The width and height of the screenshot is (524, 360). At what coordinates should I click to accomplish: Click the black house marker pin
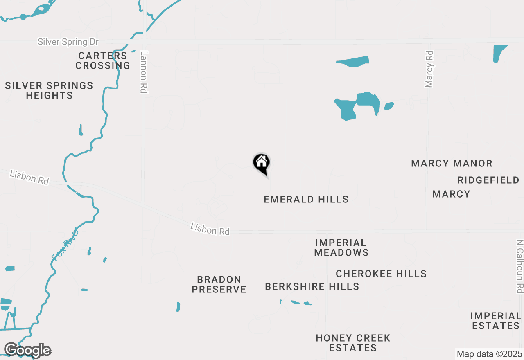tap(261, 163)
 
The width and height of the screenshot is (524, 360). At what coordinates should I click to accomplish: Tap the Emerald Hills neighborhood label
tap(306, 199)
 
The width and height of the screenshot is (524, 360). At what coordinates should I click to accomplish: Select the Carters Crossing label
tap(103, 61)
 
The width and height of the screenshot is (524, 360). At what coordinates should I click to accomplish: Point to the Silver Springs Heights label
tap(49, 90)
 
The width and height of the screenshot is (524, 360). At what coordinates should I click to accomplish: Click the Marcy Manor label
tap(452, 164)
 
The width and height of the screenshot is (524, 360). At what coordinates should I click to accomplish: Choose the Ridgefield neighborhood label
tap(488, 180)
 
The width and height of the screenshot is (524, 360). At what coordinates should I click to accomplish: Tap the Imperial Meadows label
tap(341, 248)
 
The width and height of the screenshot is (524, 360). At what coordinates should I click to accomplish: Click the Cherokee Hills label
tap(381, 274)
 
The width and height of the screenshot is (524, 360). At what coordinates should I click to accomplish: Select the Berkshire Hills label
tap(312, 286)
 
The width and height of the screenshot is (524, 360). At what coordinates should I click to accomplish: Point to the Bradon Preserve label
tap(219, 284)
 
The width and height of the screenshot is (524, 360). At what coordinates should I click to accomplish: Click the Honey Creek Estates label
tap(353, 343)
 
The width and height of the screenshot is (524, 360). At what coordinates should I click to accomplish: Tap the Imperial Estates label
tap(495, 321)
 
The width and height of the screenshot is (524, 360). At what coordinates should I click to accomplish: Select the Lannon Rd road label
tap(143, 72)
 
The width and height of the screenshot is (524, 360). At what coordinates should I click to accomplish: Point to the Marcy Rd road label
tap(429, 69)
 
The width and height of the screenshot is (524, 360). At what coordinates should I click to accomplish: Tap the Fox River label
tap(65, 245)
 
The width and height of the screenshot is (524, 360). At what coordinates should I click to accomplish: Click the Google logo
tap(28, 350)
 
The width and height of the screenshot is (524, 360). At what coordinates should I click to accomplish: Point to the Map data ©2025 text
tap(489, 354)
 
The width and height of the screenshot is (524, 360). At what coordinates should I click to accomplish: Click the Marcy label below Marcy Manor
tap(451, 194)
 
